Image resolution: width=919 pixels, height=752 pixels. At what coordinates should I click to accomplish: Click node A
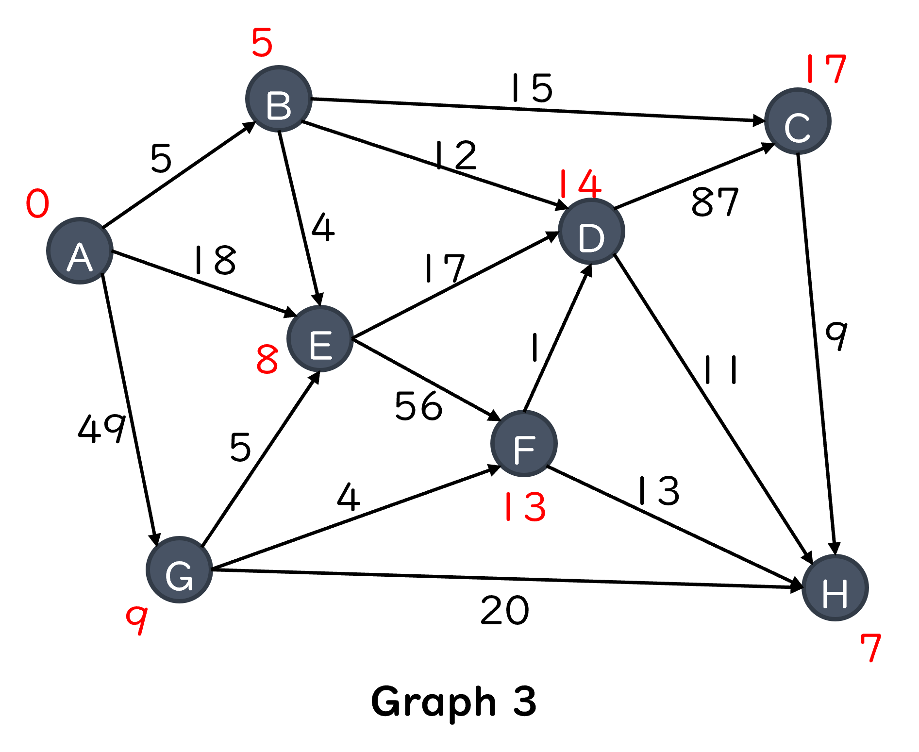(x=80, y=251)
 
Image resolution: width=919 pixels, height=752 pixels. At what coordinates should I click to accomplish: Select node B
(x=279, y=99)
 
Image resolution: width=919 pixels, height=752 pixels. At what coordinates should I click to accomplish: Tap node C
(x=798, y=121)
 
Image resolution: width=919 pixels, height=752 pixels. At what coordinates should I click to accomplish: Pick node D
(x=591, y=232)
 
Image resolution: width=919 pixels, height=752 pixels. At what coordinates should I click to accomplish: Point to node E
(x=320, y=339)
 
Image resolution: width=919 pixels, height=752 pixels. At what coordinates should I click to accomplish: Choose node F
(x=524, y=444)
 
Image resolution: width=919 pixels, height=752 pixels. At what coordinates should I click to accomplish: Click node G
(x=180, y=570)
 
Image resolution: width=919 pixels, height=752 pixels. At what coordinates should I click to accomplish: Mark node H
(x=835, y=588)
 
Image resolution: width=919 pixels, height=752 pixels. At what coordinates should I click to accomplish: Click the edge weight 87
(x=715, y=201)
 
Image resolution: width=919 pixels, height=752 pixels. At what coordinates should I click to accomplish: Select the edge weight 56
(x=418, y=406)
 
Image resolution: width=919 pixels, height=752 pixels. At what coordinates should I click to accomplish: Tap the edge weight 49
(x=102, y=428)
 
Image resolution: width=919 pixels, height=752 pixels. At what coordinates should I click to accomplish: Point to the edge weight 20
(x=504, y=610)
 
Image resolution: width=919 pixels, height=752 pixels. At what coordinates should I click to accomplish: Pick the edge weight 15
(x=532, y=88)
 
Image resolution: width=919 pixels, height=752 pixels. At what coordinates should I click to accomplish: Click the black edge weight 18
(x=215, y=260)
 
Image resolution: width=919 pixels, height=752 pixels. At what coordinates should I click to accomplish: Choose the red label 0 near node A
(x=37, y=203)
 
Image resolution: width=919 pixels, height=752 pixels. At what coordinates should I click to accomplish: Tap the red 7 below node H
(x=870, y=648)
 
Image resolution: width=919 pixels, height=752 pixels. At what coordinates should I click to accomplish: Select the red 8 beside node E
(x=267, y=359)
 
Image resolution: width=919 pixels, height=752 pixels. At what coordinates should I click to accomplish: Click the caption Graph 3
(x=453, y=702)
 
